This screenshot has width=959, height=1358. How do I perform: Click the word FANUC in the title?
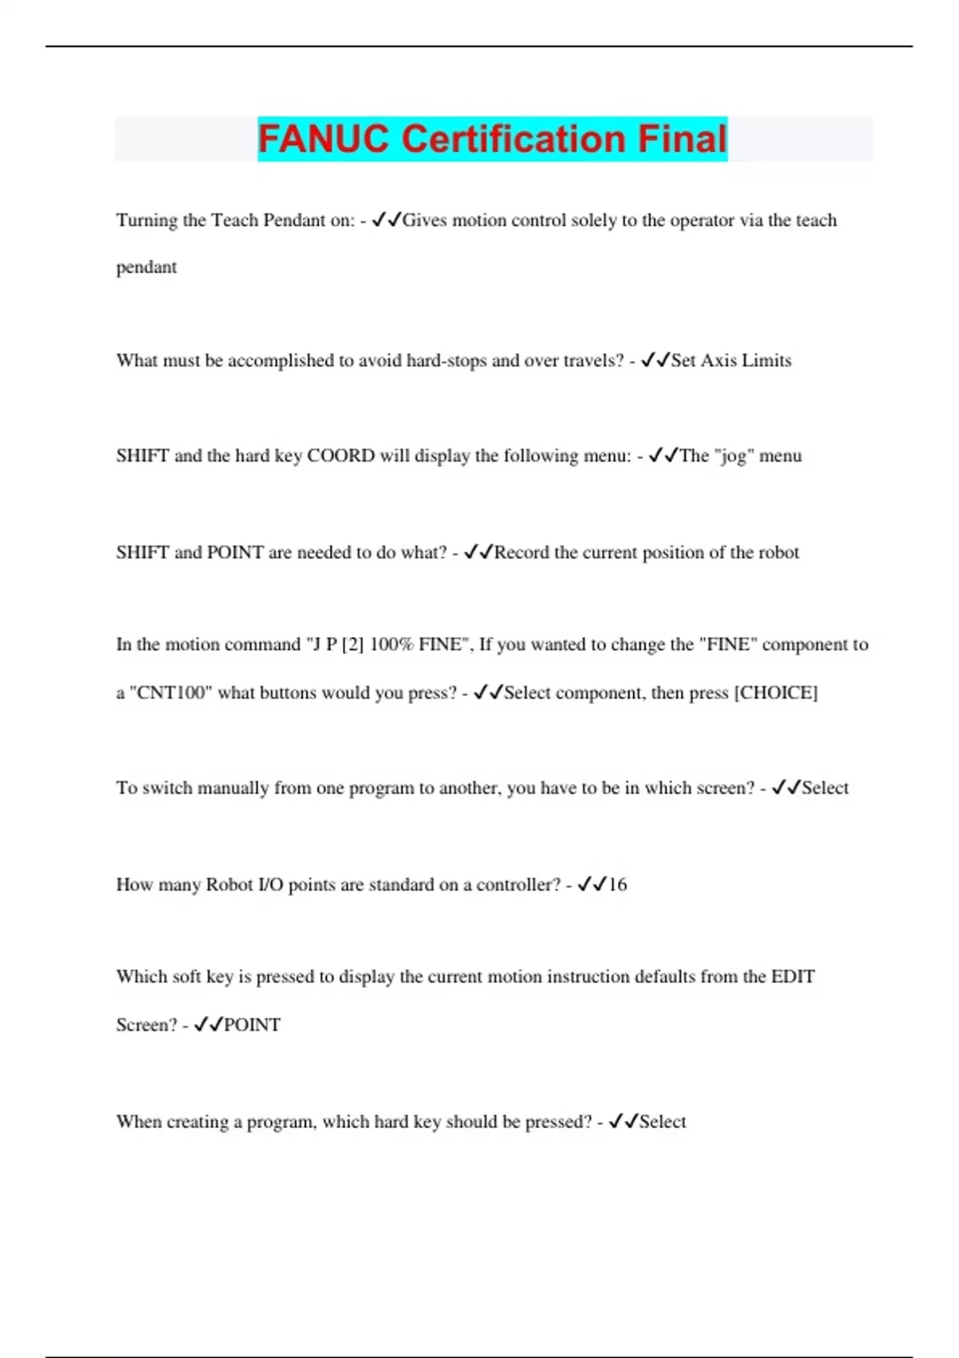click(x=324, y=139)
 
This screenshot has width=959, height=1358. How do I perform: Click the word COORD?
click(x=340, y=456)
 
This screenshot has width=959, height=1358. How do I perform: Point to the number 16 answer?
click(x=618, y=884)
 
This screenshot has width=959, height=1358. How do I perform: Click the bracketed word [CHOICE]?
click(x=776, y=693)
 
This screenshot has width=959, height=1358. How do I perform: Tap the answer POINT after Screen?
click(x=252, y=1025)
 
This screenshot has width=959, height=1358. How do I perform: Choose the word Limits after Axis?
click(x=766, y=361)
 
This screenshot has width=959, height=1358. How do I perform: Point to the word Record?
click(x=522, y=553)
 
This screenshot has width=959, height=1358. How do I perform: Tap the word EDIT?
click(x=793, y=977)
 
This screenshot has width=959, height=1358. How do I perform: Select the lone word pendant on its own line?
click(x=146, y=268)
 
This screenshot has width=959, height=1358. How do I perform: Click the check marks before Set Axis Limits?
click(x=655, y=361)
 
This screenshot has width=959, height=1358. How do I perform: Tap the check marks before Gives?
click(x=386, y=220)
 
